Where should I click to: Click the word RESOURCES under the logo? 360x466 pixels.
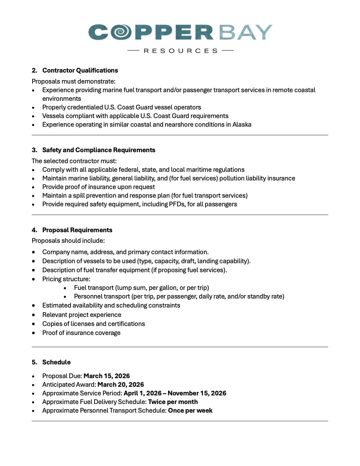click(181, 51)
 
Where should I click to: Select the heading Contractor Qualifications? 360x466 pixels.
click(80, 71)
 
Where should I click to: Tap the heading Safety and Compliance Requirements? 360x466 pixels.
click(98, 150)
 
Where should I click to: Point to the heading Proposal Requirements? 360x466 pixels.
click(77, 230)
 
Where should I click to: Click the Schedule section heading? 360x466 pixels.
click(56, 362)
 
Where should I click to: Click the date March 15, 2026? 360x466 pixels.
click(107, 376)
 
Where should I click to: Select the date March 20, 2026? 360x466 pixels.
click(120, 384)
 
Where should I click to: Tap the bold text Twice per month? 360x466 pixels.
click(173, 402)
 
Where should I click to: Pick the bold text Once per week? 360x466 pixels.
click(190, 410)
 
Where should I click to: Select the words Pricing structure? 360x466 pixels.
click(65, 279)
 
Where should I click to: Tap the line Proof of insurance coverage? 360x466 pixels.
click(81, 333)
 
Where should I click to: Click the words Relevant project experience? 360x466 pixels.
click(82, 315)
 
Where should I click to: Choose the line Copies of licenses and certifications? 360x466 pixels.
click(93, 324)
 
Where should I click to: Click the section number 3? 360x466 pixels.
click(34, 150)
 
